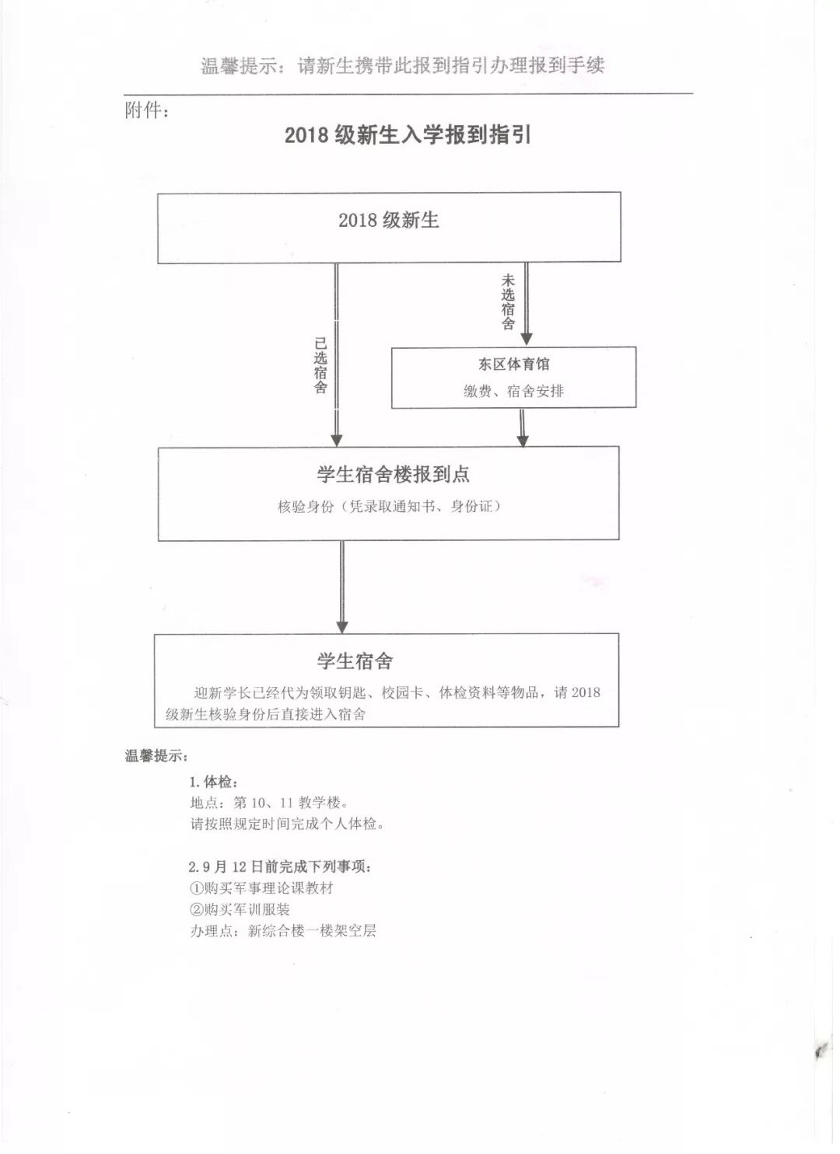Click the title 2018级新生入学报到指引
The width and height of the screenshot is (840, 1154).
(408, 135)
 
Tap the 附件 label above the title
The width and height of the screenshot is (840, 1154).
(147, 110)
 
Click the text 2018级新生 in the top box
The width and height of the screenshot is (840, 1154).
(389, 220)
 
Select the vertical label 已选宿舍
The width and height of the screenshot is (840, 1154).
(320, 365)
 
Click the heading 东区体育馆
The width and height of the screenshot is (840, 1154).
(514, 364)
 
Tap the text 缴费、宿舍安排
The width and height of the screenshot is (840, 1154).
(513, 391)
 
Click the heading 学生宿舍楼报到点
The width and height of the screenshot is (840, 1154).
(393, 474)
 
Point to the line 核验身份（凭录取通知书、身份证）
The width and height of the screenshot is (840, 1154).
(389, 507)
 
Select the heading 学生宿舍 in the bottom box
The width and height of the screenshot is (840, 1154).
(355, 661)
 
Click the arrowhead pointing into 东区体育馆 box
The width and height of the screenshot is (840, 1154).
(527, 338)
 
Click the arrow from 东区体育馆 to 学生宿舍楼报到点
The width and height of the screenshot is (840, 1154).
(523, 427)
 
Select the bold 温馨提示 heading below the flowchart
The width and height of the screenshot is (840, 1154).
(156, 755)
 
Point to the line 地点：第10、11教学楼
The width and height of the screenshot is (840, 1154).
(270, 803)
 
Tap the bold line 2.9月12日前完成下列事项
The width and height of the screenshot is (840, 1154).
(279, 866)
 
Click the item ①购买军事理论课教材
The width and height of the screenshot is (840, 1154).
(261, 888)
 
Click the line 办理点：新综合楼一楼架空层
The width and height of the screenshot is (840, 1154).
(283, 931)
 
